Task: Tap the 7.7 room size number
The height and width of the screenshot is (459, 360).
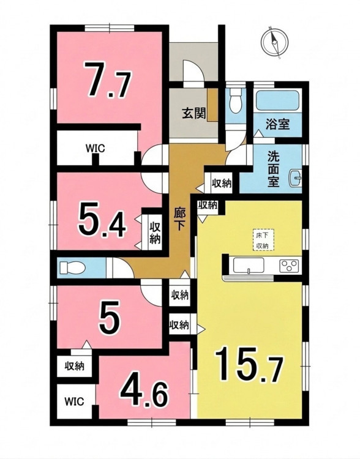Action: pos(107,80)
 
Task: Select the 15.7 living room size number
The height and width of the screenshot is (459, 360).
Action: pos(249,365)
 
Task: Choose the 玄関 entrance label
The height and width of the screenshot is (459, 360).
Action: pos(193,113)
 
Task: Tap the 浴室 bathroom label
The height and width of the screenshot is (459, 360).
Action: pos(278,124)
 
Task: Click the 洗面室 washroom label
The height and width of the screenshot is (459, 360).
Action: pos(273,169)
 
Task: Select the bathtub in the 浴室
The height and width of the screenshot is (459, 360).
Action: pos(278,101)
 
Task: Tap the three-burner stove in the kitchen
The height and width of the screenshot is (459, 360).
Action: pos(289,266)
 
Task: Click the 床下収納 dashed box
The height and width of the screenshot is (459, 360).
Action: pos(263,240)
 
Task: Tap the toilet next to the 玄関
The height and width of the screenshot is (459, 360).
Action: pos(236,100)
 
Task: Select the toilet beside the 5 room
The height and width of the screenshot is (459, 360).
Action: pos(72,268)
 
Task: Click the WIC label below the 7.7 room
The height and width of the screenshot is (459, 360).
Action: pos(95,149)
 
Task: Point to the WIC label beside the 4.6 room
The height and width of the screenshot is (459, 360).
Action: pos(75,401)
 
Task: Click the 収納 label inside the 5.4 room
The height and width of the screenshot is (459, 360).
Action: pos(156,233)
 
